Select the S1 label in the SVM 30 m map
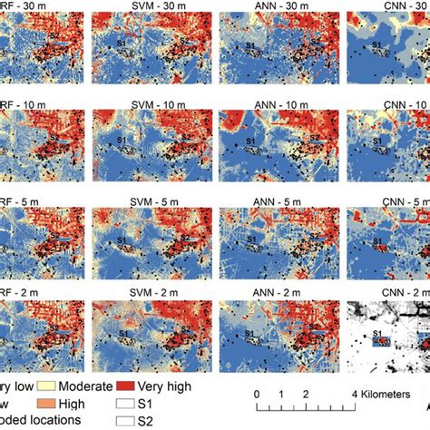[x=122, y=42]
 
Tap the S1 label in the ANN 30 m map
[x=249, y=42]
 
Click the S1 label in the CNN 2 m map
[x=376, y=336]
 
